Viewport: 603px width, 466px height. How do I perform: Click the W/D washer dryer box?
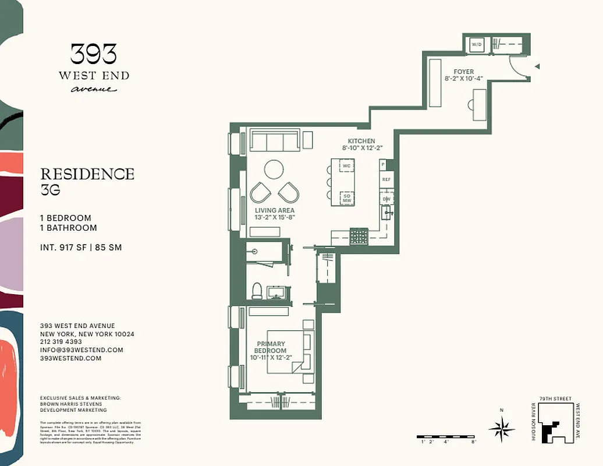[477, 44]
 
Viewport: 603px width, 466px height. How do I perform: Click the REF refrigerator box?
[386, 180]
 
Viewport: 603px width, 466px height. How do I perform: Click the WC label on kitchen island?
[346, 166]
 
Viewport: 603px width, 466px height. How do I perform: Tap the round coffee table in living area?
[274, 170]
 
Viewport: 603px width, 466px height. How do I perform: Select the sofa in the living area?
[274, 140]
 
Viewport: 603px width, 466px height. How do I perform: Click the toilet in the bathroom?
[257, 290]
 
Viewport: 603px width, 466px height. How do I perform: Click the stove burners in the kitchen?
[359, 236]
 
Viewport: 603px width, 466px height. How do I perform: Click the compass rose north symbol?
[502, 429]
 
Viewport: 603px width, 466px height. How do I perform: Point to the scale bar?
[446, 436]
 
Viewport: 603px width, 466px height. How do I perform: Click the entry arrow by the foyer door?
[537, 66]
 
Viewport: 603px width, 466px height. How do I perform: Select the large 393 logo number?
[94, 55]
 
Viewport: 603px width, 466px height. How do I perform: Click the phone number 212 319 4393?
[61, 342]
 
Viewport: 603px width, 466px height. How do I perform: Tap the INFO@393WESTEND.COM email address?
[81, 350]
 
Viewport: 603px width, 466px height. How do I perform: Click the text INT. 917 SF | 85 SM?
[81, 248]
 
